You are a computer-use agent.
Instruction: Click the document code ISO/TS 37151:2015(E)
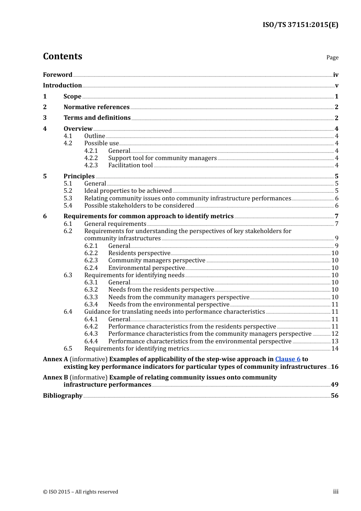pyautogui.click(x=300, y=25)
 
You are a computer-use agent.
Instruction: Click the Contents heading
pyautogui.click(x=62, y=56)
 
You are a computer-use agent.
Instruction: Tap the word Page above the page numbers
pyautogui.click(x=332, y=57)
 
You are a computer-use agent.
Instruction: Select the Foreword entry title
pyautogui.click(x=57, y=75)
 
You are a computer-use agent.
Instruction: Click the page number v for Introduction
pyautogui.click(x=336, y=86)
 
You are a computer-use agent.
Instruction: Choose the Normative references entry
pyautogui.click(x=97, y=107)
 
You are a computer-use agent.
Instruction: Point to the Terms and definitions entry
pyautogui.click(x=97, y=118)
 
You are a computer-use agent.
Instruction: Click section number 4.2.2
pyautogui.click(x=91, y=158)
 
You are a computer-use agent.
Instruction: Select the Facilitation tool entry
pyautogui.click(x=130, y=165)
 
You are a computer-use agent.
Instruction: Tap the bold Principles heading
pyautogui.click(x=79, y=176)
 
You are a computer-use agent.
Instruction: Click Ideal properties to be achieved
pyautogui.click(x=128, y=191)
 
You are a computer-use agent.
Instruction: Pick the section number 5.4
pyautogui.click(x=68, y=206)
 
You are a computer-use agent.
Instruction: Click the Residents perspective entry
pyautogui.click(x=139, y=253)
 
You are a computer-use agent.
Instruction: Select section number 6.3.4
pyautogui.click(x=91, y=305)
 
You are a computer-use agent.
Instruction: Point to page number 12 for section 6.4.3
pyautogui.click(x=335, y=334)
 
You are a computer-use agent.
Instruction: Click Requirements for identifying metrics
pyautogui.click(x=136, y=349)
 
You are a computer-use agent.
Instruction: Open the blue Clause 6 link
pyautogui.click(x=288, y=359)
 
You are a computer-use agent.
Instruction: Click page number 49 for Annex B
pyautogui.click(x=334, y=385)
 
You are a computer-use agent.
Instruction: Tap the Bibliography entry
pyautogui.click(x=63, y=396)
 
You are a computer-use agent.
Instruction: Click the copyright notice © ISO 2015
pyautogui.click(x=81, y=492)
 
